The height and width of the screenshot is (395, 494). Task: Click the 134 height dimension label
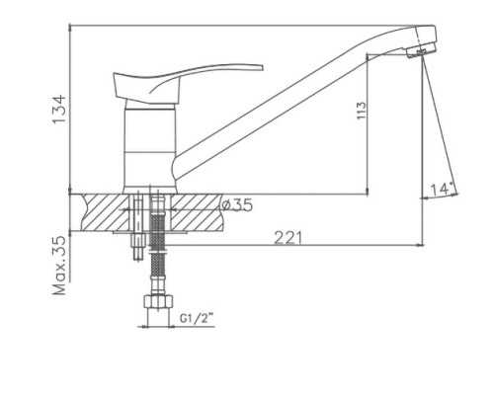click(x=59, y=109)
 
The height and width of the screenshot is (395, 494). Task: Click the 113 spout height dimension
click(x=362, y=111)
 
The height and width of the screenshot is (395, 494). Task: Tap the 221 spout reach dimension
click(x=288, y=238)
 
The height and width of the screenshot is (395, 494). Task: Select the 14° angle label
click(x=441, y=190)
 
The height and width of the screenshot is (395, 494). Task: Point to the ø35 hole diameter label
click(x=237, y=205)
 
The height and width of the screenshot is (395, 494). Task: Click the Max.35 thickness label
click(x=60, y=266)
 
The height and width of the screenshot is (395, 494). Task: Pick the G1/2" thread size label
click(x=197, y=318)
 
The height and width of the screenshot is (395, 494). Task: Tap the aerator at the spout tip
click(x=421, y=51)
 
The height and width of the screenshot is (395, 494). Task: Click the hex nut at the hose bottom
click(x=158, y=302)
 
